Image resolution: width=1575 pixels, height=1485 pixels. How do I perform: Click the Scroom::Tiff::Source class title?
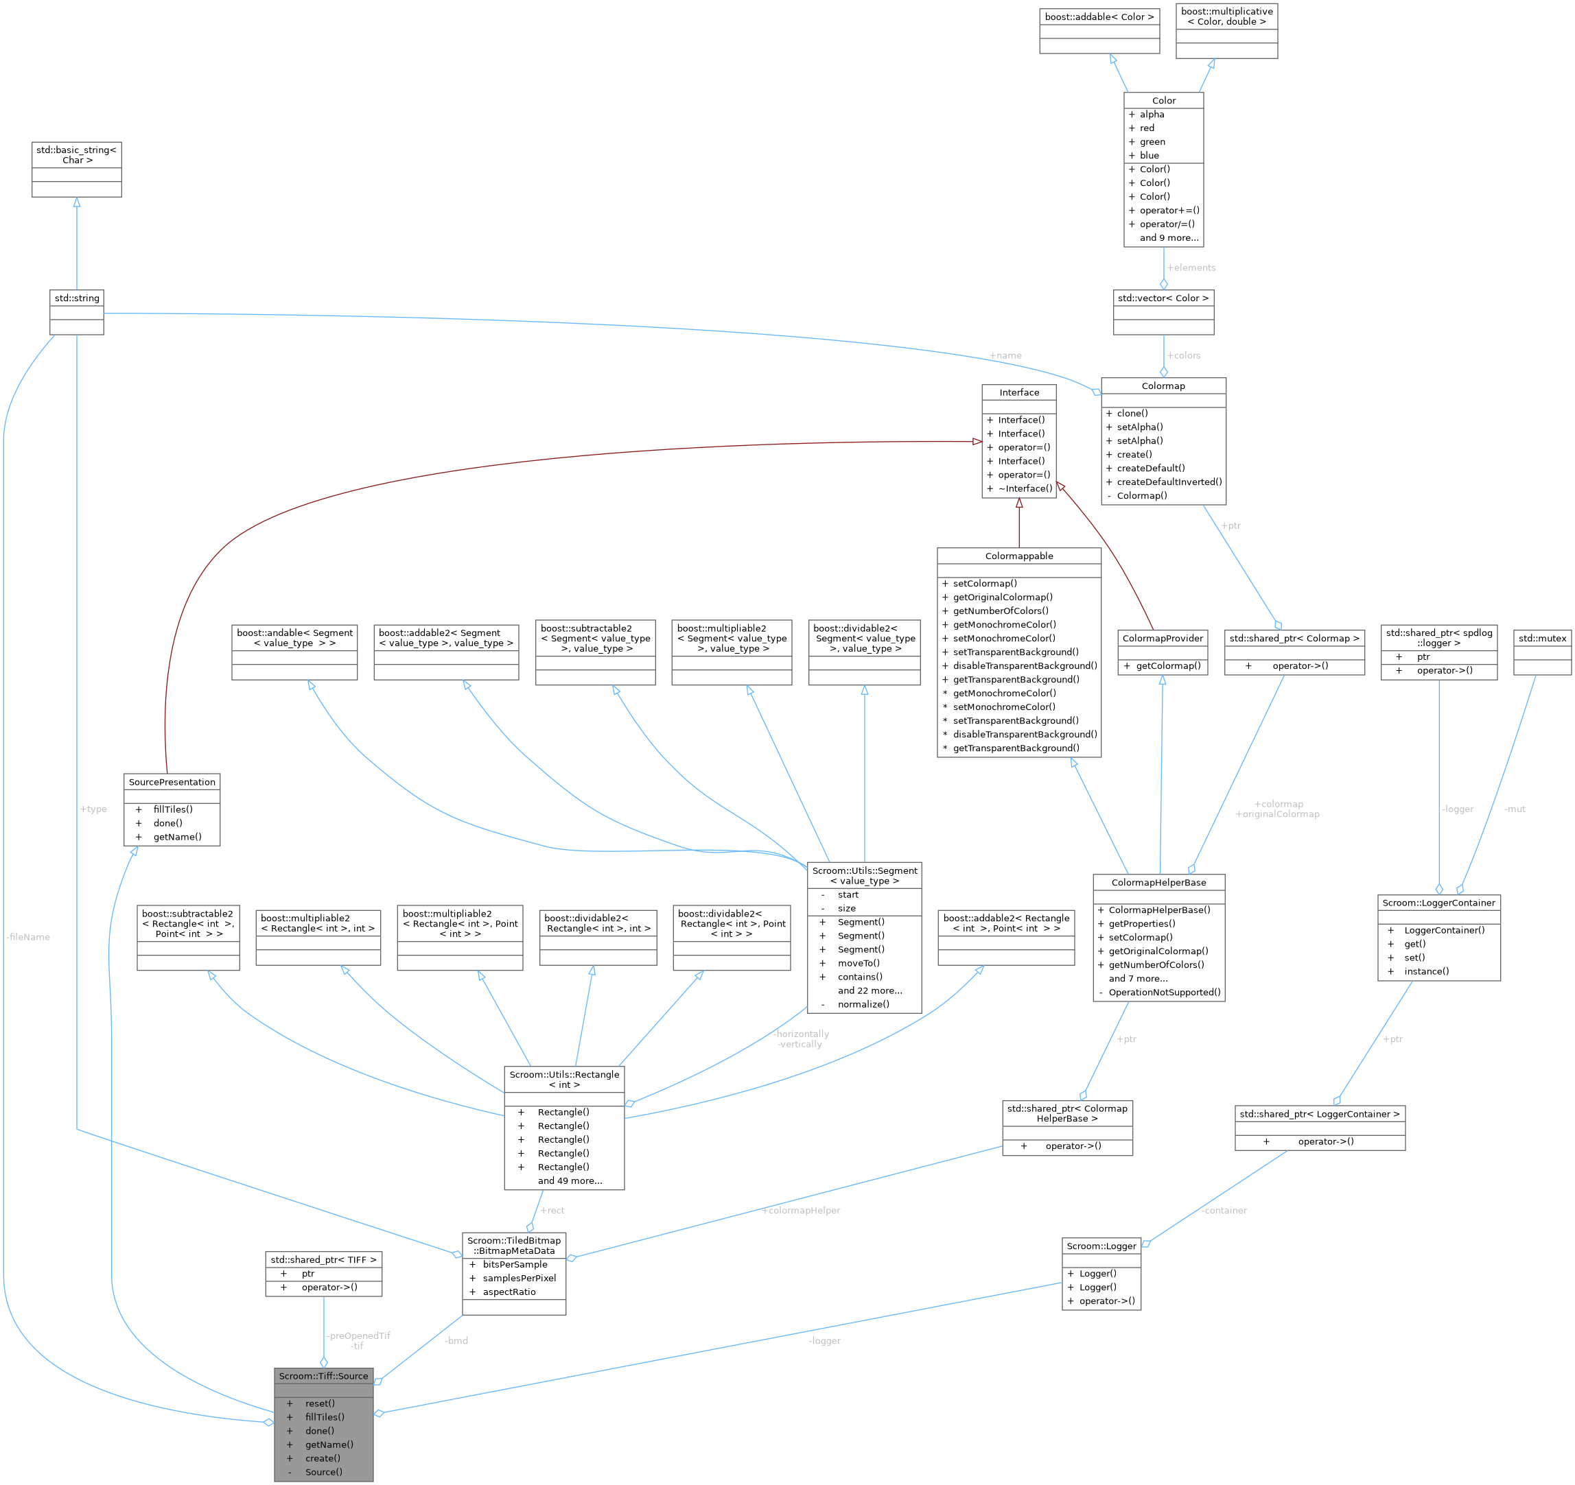pos(323,1376)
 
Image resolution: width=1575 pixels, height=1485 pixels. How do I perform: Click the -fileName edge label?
pos(27,937)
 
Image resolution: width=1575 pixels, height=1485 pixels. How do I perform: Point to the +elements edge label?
pos(1191,268)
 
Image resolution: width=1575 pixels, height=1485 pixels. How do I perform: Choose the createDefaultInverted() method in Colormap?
pos(1169,482)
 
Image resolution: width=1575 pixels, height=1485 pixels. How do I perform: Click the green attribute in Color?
pos(1152,142)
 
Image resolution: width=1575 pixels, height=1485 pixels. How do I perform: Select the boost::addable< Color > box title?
pos(1099,16)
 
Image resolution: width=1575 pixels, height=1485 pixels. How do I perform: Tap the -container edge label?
pos(1224,1210)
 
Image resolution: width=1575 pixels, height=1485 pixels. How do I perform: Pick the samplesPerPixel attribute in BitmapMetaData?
pos(519,1279)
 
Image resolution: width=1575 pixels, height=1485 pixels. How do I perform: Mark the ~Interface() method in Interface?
pos(1025,488)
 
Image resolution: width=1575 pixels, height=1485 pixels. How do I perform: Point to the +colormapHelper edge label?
pos(801,1210)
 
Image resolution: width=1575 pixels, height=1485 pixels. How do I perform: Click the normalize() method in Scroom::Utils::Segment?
pos(863,1004)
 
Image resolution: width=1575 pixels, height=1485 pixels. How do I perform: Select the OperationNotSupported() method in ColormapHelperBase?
pos(1164,993)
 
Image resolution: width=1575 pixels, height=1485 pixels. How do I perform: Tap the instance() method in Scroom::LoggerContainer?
pos(1426,971)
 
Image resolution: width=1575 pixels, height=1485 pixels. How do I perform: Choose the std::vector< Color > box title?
pos(1163,298)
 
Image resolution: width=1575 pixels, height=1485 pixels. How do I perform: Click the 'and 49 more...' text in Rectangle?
pos(570,1181)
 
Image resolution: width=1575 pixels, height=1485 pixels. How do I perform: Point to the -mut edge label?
pos(1515,809)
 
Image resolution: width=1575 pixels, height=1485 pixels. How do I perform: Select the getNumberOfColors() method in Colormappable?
pos(1001,610)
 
